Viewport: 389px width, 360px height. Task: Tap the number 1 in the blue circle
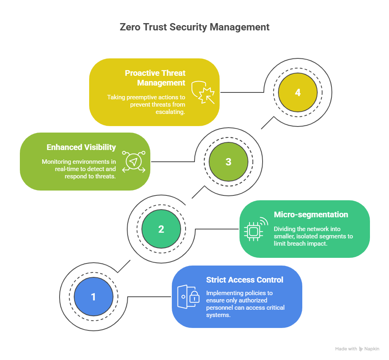(x=93, y=297)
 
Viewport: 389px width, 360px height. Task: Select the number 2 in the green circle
(x=161, y=229)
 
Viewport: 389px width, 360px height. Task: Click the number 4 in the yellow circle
(x=298, y=92)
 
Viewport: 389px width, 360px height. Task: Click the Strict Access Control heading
(x=245, y=280)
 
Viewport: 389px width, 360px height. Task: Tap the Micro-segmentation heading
(x=311, y=214)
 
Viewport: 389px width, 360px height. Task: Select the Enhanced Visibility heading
(x=81, y=147)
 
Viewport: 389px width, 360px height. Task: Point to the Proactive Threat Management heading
(x=155, y=78)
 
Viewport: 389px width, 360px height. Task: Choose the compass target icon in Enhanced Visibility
(x=134, y=162)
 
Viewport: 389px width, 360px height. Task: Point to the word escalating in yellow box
(x=171, y=112)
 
